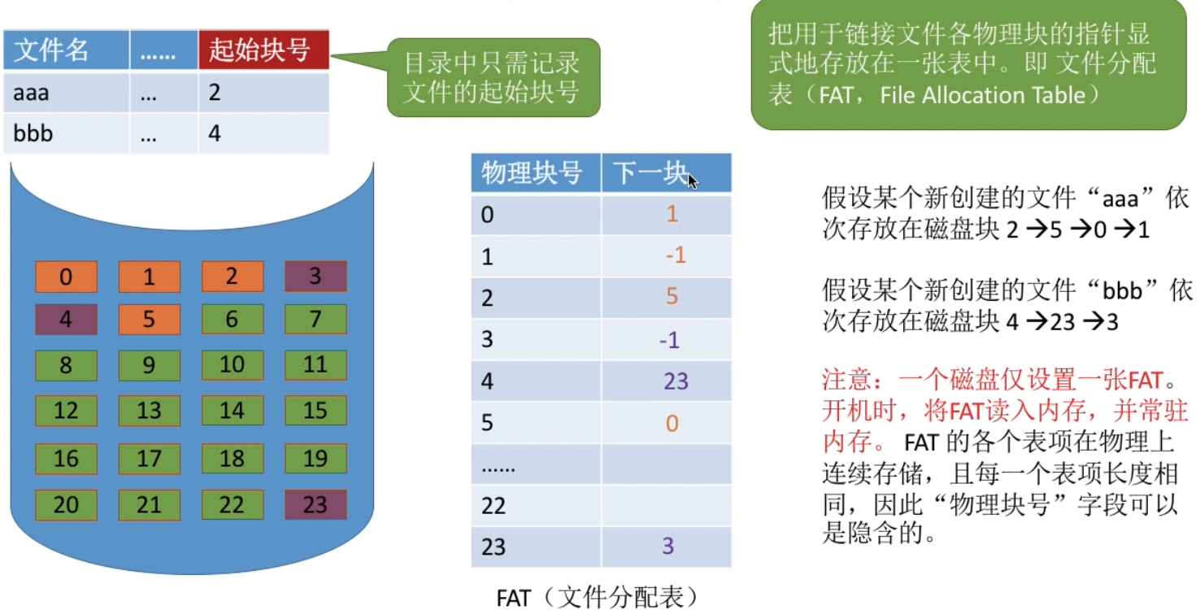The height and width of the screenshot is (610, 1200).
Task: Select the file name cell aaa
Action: (31, 93)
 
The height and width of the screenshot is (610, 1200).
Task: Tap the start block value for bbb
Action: (215, 133)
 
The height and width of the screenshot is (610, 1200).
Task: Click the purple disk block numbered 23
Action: (315, 505)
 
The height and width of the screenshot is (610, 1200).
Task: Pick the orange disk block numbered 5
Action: (149, 319)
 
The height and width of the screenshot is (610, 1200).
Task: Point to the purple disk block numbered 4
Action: (66, 319)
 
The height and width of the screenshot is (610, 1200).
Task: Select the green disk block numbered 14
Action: (232, 411)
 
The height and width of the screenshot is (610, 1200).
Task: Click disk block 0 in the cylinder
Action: (66, 277)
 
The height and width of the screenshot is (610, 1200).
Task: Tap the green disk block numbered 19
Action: (315, 459)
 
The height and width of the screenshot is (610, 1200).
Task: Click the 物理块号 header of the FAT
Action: (532, 173)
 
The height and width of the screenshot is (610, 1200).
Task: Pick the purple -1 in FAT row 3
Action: (669, 340)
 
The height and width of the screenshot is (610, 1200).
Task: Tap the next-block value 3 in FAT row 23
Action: (668, 546)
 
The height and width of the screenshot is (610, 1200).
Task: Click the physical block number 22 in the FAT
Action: (493, 506)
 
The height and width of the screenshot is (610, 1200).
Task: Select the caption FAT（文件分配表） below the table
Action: (598, 598)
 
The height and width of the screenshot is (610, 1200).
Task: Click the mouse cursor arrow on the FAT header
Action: (692, 181)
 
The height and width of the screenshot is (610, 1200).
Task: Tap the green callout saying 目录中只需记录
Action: (492, 78)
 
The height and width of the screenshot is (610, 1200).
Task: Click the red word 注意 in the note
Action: (842, 380)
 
